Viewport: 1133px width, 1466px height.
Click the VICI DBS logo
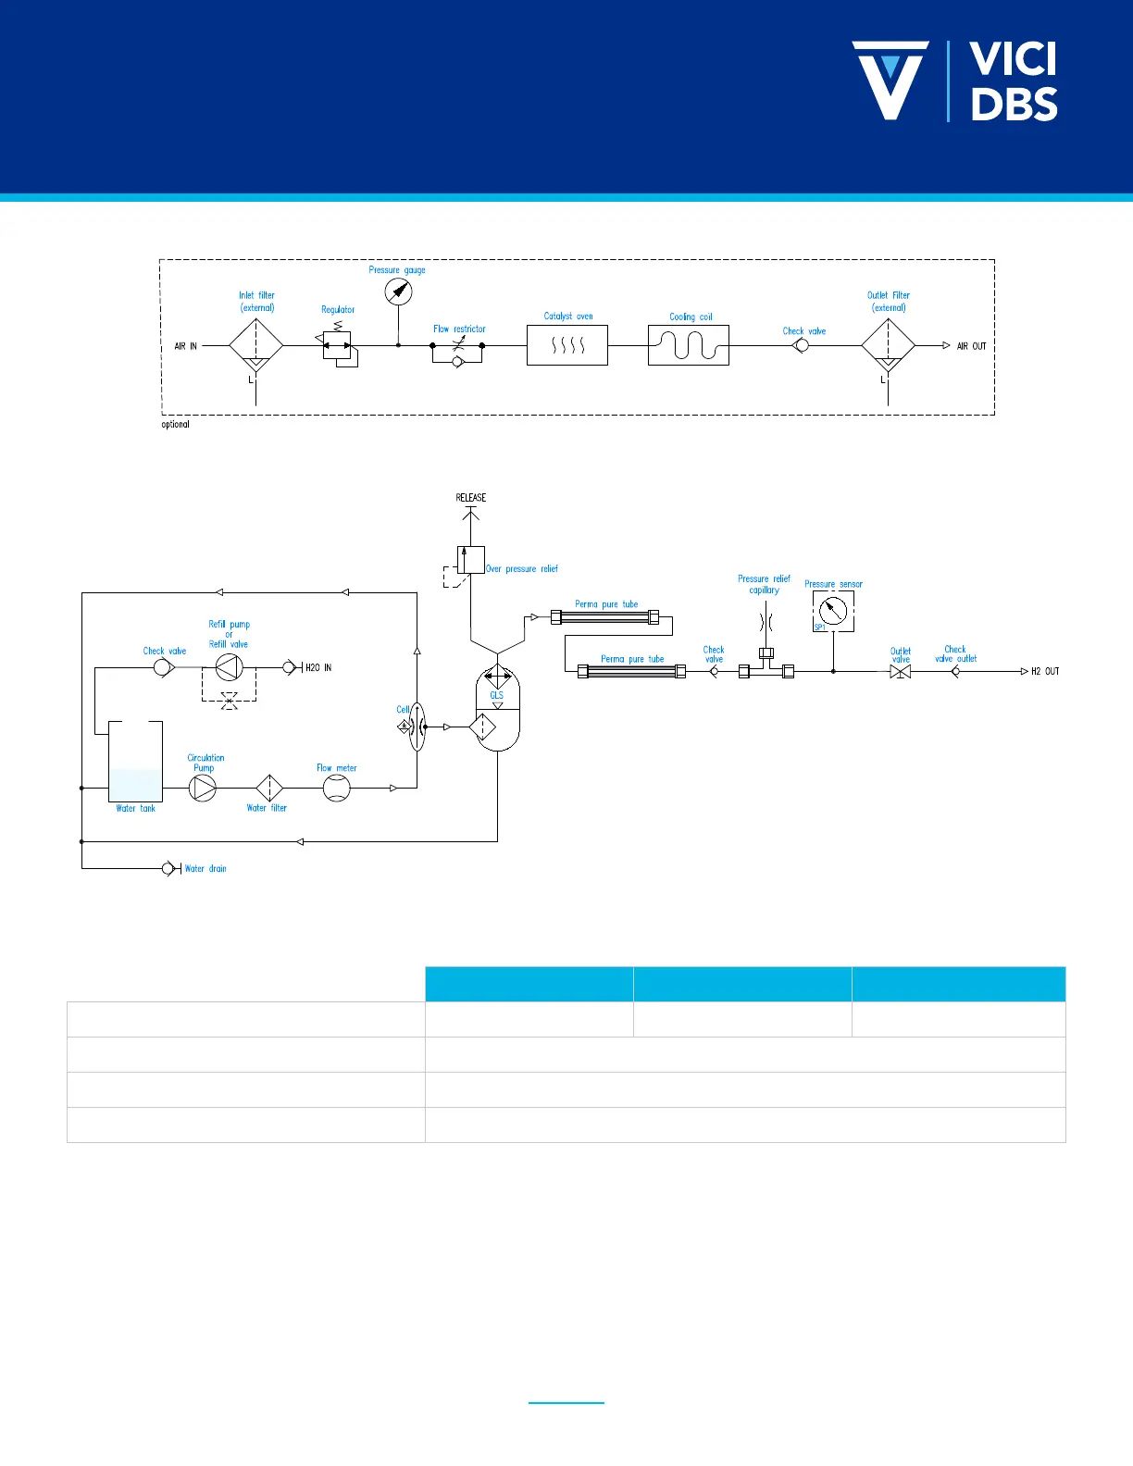point(954,81)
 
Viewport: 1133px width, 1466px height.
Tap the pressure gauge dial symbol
point(398,292)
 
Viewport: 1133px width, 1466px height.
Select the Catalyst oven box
point(567,345)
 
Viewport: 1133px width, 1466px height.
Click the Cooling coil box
point(689,345)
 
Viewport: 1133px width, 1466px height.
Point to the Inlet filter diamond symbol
point(255,346)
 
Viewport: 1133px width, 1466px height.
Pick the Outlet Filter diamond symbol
point(888,346)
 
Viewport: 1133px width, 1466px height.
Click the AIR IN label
point(186,346)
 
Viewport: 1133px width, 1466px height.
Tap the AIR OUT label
point(971,346)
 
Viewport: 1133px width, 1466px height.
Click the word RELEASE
point(471,498)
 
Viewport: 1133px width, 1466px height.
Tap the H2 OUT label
point(1045,672)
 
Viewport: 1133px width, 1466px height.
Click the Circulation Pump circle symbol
point(203,788)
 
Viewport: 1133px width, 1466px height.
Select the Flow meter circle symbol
point(337,788)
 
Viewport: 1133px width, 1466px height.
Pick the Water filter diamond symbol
point(269,788)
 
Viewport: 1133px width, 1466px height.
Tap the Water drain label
point(205,869)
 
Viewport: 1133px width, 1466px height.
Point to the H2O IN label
point(318,667)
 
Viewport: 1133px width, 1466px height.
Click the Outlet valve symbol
point(900,672)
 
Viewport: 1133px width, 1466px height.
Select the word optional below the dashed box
point(175,425)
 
